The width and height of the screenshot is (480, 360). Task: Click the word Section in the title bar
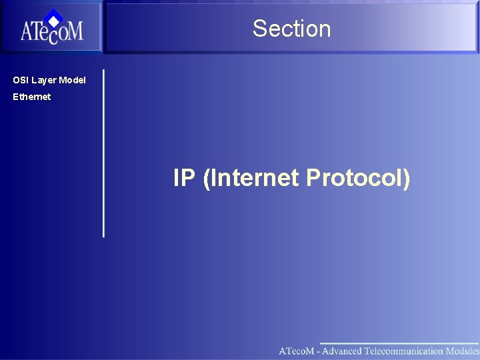coord(291,29)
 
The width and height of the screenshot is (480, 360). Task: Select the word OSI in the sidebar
coord(21,80)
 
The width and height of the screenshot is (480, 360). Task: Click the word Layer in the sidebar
coord(43,80)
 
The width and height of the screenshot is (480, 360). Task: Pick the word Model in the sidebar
coord(72,80)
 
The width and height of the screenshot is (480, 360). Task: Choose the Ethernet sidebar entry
coord(31,97)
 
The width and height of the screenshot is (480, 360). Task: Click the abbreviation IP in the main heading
coord(183,178)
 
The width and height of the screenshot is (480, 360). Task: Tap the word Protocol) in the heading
coord(358,178)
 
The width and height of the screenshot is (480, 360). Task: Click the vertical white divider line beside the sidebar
coord(103,153)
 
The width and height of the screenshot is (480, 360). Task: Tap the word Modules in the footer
coord(463,351)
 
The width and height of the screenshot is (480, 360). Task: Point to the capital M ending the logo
coord(75,32)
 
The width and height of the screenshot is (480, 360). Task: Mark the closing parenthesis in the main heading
coord(406,178)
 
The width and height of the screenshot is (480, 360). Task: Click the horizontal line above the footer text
coord(400,344)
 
